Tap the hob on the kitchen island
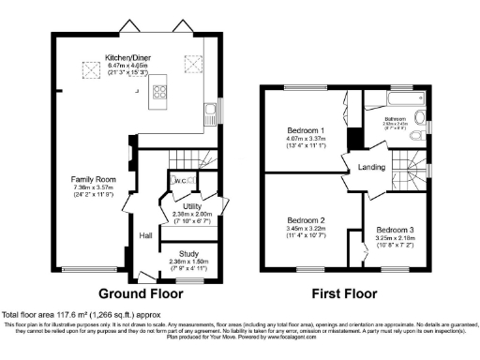[x=159, y=92]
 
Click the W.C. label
[x=178, y=180]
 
